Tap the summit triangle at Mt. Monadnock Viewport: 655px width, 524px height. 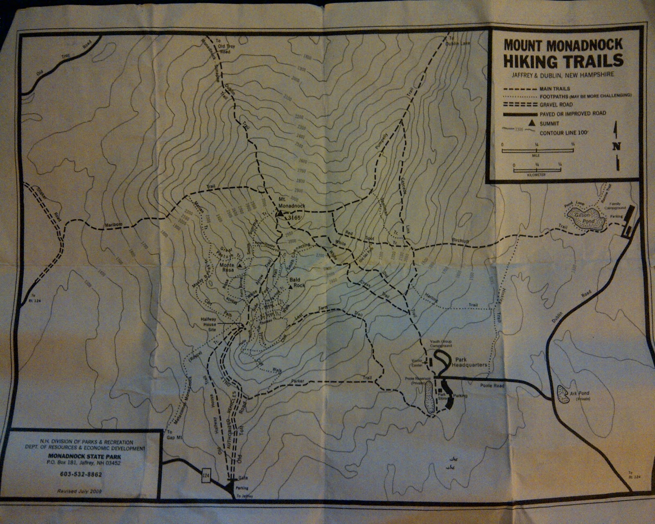(280, 213)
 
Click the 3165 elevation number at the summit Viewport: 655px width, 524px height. (294, 218)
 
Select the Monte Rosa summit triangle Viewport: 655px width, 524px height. (239, 266)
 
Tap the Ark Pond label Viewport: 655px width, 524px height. (579, 393)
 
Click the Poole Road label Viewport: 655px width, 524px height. (492, 386)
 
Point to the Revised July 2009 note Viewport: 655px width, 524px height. (79, 491)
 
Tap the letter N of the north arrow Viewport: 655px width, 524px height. (617, 147)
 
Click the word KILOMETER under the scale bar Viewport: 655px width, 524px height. (536, 175)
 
